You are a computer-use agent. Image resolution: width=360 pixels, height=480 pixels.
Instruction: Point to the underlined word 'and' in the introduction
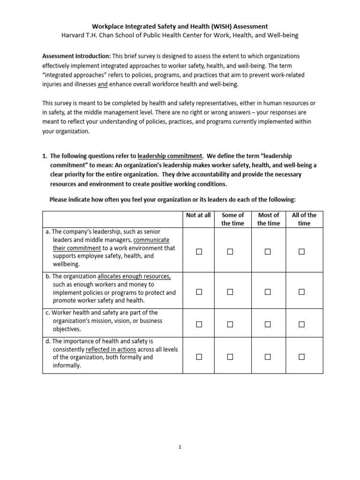coord(103,84)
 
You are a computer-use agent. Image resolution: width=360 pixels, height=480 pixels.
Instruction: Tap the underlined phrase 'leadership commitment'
coord(170,156)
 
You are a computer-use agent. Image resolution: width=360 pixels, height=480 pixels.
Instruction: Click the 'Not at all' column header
coord(198,215)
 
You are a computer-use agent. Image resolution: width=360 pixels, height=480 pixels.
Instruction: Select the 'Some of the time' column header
coord(232,219)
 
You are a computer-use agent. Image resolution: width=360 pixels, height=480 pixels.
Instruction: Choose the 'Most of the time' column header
coord(269,219)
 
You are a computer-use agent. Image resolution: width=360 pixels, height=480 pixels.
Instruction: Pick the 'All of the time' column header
coord(304,219)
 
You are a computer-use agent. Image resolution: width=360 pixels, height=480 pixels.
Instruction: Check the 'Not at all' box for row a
coord(199,252)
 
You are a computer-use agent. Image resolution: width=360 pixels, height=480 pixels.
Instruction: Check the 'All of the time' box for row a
coord(301,252)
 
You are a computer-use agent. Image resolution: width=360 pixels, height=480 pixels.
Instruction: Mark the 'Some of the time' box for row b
coord(230,292)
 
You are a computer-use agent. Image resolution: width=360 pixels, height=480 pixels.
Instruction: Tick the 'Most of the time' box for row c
coord(268,324)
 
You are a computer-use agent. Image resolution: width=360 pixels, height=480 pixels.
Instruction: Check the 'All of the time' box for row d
coord(301,357)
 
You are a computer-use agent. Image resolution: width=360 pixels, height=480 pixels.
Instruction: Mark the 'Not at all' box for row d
coord(199,357)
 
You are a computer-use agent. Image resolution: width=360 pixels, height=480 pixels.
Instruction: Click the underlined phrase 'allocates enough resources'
coord(134,276)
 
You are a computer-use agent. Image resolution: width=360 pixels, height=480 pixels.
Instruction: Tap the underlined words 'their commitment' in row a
coord(77,248)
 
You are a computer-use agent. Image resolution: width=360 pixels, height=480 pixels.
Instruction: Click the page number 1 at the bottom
coord(180,447)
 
